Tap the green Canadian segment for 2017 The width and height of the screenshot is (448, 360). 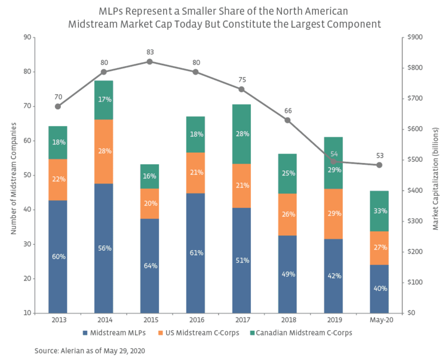241,134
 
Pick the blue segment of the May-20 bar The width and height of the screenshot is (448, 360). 379,288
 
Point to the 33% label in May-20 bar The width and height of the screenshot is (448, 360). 379,211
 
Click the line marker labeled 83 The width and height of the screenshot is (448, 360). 149,61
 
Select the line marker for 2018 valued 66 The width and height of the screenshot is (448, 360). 287,120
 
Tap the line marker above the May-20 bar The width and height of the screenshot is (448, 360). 379,165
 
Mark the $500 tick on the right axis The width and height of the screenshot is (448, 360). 415,159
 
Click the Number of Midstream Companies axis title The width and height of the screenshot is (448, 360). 13,175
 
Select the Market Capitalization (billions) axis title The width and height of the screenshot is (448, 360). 435,178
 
